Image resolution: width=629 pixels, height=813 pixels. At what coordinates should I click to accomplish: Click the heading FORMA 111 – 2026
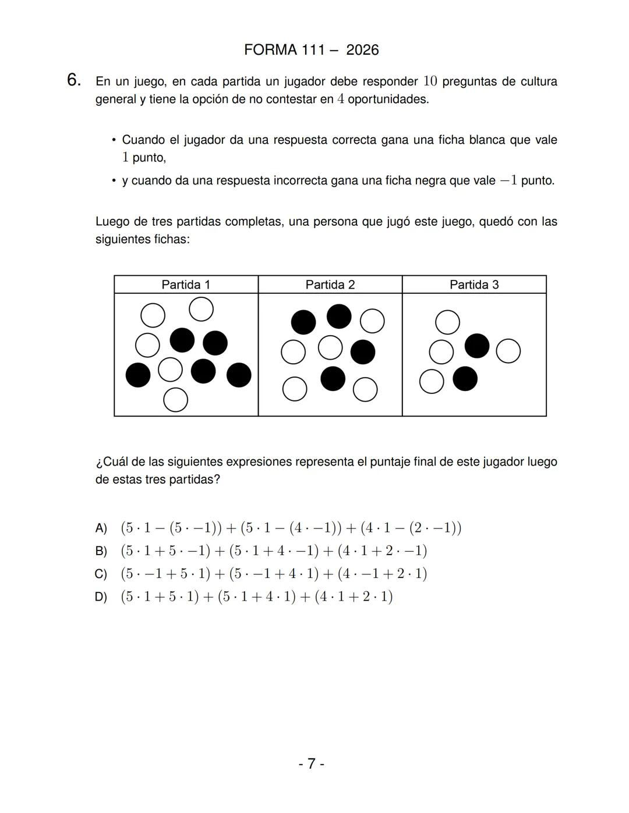coord(311,50)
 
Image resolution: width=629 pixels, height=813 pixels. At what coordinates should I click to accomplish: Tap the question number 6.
coord(73,80)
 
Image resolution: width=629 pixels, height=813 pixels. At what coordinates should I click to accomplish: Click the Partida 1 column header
coord(186,285)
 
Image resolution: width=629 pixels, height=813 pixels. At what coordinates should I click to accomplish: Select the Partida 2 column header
coord(330,285)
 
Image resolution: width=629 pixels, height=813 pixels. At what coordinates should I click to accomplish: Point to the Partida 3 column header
coord(474,285)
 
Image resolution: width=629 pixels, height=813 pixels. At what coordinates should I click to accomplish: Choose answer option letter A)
coord(101,528)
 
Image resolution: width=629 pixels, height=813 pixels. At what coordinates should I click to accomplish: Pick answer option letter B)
coord(101,551)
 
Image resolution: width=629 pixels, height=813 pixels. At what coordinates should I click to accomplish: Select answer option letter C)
coord(101,574)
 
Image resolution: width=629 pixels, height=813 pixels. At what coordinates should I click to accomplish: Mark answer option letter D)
coord(101,597)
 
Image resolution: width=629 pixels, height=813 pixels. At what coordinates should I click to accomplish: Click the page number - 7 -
coord(311,764)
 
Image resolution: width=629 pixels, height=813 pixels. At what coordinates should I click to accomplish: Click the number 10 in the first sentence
coord(430,81)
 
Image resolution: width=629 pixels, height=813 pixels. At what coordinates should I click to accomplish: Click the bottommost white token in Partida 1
coord(175,400)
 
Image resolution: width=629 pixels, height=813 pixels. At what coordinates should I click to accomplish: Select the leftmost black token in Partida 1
coord(138,375)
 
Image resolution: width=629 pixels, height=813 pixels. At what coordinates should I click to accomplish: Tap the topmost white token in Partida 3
coord(447,322)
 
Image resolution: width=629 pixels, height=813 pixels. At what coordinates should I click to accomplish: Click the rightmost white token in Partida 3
coord(508,351)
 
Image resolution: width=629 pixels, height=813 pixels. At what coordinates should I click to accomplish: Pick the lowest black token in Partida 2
coord(333,379)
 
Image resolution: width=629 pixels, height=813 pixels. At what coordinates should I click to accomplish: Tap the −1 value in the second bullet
coord(508,181)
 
